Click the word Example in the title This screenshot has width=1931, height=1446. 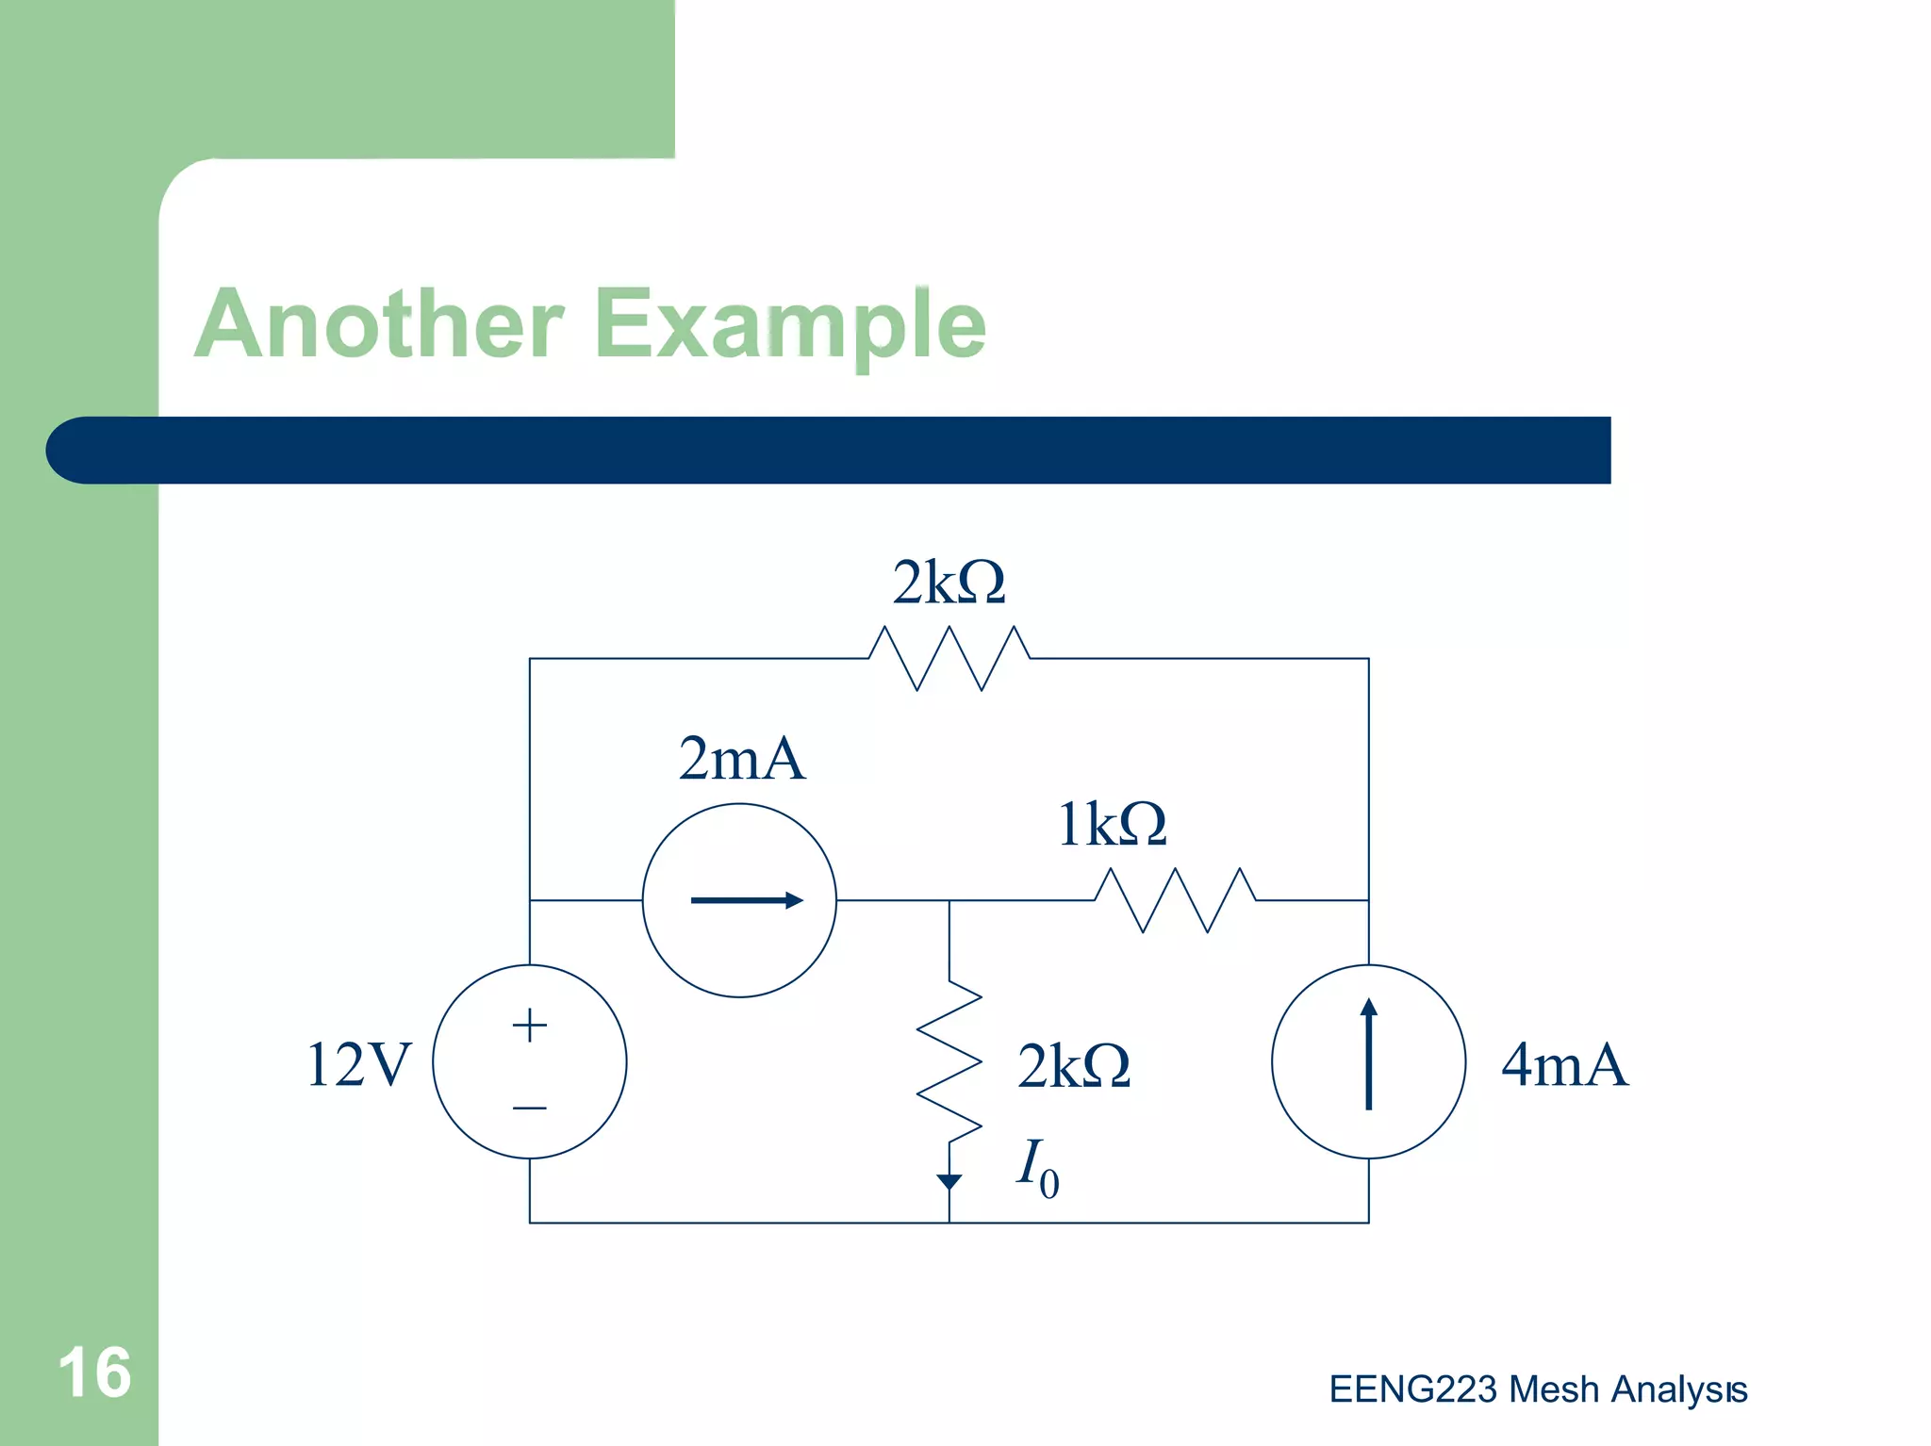[790, 325]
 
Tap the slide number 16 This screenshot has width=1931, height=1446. [94, 1372]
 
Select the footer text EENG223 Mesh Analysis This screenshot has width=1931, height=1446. [1538, 1389]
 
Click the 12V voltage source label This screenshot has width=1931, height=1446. [359, 1065]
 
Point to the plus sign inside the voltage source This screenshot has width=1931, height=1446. [530, 1025]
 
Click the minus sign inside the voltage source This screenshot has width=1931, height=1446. [530, 1108]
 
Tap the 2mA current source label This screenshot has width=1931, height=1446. [742, 759]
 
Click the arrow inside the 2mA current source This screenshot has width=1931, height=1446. [746, 900]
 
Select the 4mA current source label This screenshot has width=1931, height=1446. [1564, 1065]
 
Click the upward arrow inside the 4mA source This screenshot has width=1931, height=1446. [1369, 1054]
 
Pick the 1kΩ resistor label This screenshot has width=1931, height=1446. [1113, 824]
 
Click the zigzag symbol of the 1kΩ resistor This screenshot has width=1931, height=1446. [1175, 900]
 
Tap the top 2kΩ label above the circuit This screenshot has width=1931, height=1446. [949, 583]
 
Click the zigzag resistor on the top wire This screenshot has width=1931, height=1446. [949, 658]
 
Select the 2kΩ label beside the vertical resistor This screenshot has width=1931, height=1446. [1074, 1066]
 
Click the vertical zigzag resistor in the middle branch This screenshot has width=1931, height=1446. [949, 1060]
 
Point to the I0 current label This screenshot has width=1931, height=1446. [1037, 1167]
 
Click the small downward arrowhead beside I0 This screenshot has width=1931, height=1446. [949, 1181]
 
